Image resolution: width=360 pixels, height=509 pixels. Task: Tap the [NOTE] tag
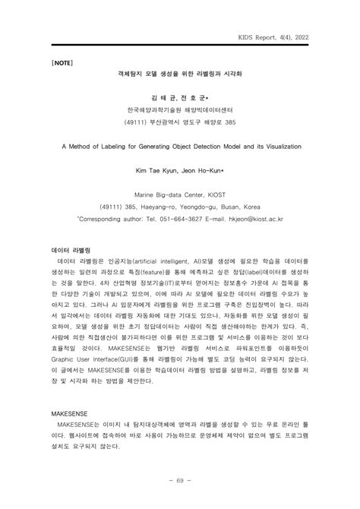[x=64, y=62]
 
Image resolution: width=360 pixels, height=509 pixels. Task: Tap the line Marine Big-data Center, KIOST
[x=180, y=194]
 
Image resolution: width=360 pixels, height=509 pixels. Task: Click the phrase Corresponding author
[x=115, y=218]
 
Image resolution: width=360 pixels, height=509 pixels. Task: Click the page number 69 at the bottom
[x=180, y=481]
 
